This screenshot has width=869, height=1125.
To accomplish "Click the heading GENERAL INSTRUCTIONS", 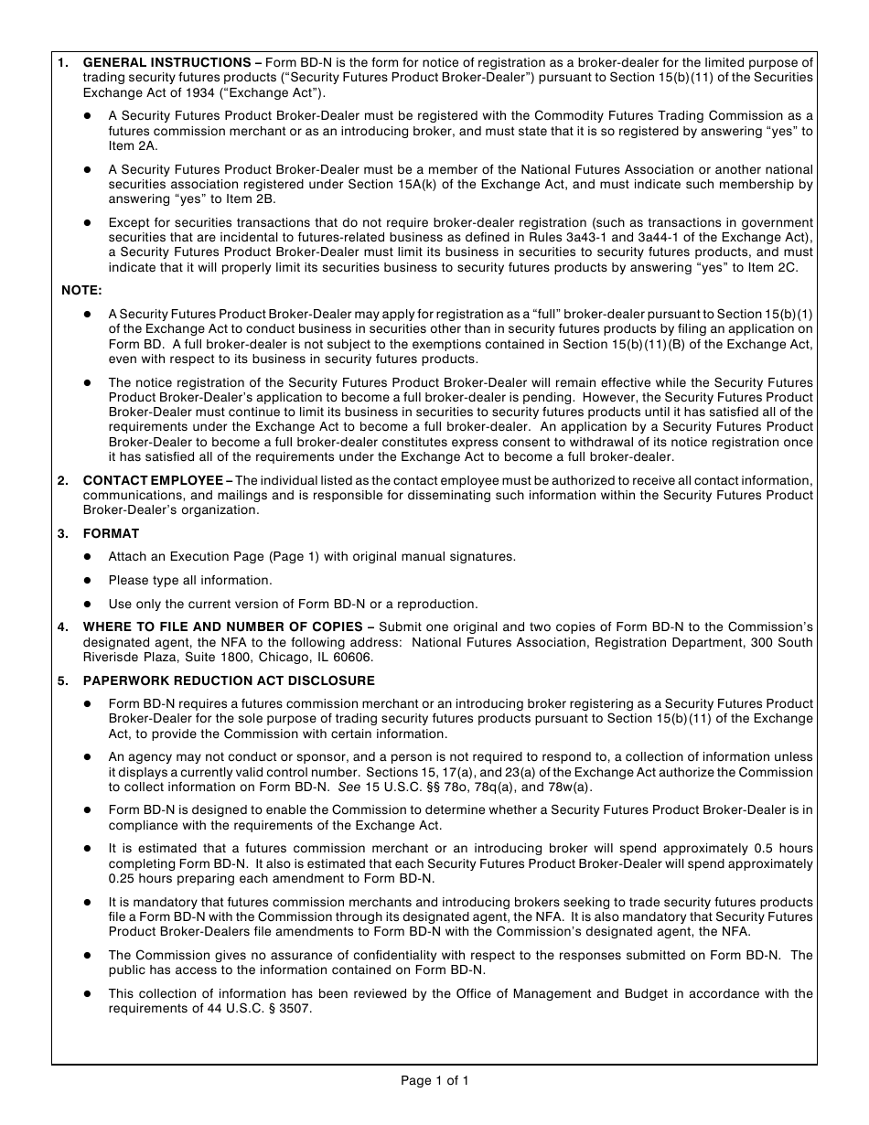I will [166, 62].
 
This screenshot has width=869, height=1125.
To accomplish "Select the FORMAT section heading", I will [111, 533].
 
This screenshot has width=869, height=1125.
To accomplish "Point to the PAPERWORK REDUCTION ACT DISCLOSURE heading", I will [229, 680].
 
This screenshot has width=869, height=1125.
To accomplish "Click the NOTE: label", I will [82, 290].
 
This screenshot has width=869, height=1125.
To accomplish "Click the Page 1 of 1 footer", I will [434, 1081].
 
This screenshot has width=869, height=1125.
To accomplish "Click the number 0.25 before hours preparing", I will [123, 878].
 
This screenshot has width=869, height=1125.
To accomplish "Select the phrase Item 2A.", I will [134, 145].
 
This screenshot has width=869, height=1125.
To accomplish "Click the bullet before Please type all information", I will [88, 581].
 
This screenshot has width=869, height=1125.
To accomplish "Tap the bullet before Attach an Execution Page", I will [88, 557].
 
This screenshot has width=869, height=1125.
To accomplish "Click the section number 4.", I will [62, 627].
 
